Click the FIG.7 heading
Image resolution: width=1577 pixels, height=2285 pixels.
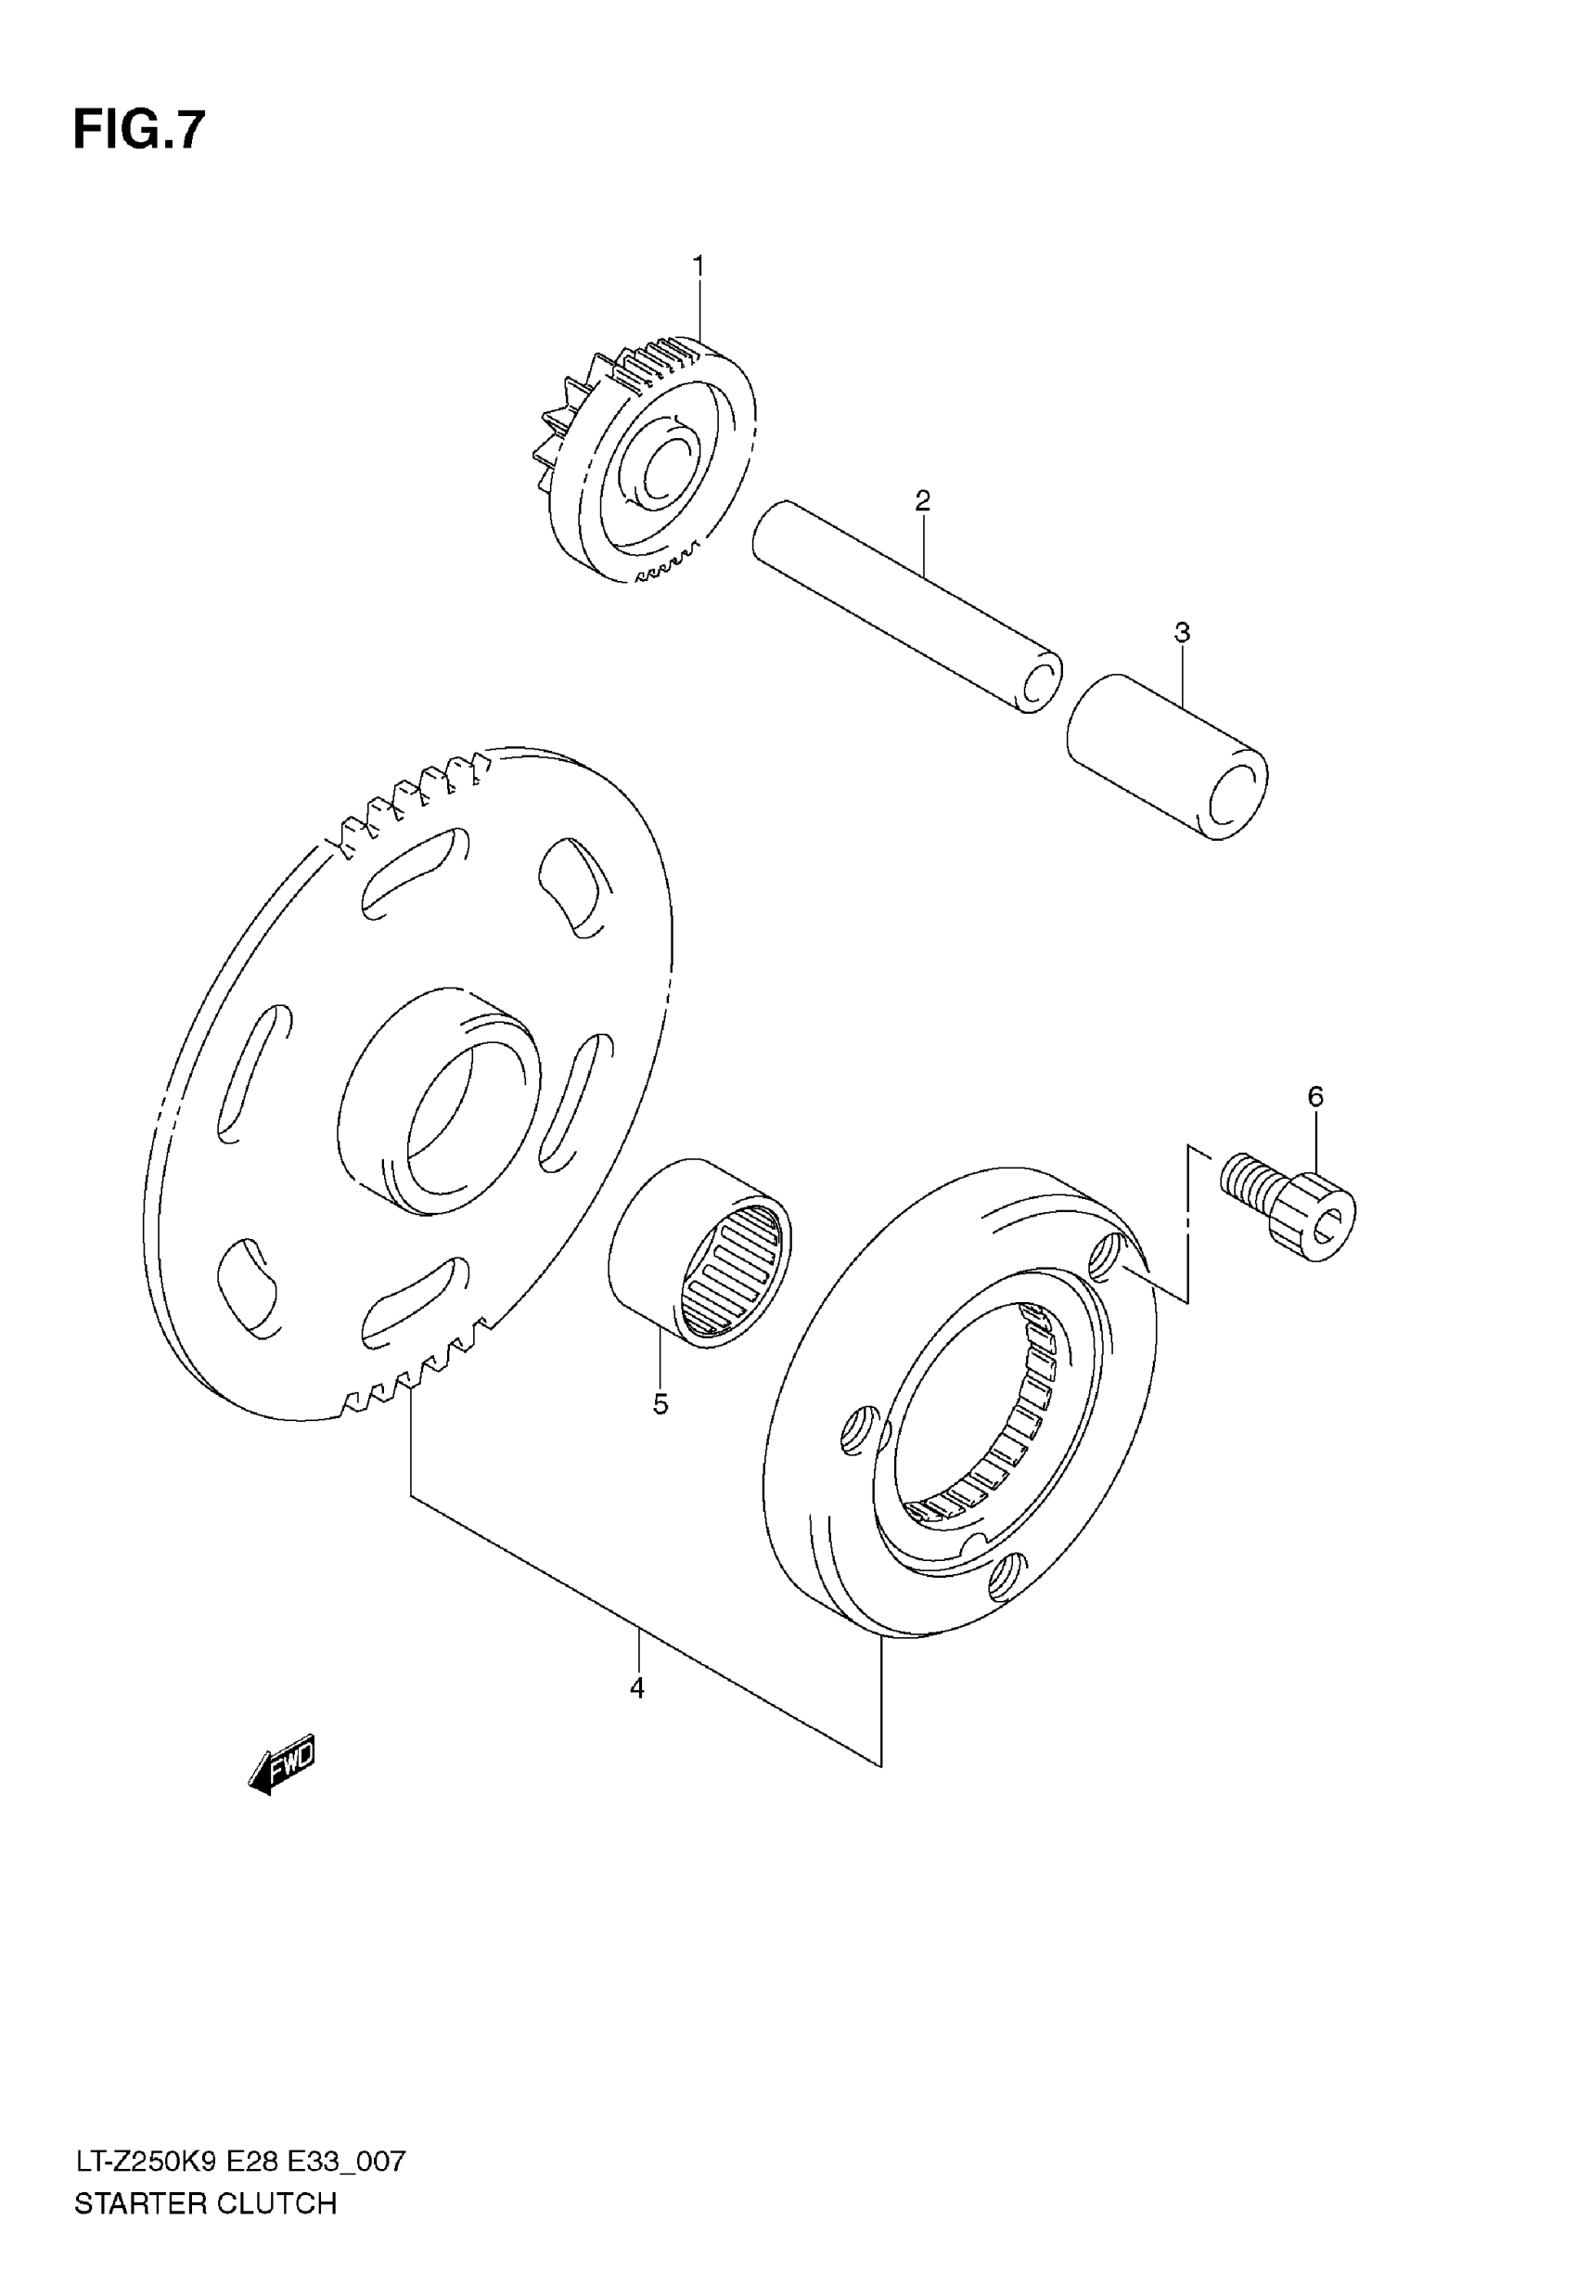pyautogui.click(x=139, y=131)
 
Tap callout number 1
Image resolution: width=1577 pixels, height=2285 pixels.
pyautogui.click(x=699, y=267)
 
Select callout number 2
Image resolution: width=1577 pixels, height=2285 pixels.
pyautogui.click(x=922, y=501)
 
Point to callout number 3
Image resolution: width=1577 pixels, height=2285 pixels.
pyautogui.click(x=1182, y=633)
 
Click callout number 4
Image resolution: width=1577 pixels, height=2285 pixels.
pyautogui.click(x=637, y=1688)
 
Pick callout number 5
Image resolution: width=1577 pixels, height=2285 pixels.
pyautogui.click(x=661, y=1403)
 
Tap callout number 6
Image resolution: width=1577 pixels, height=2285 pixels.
pyautogui.click(x=1315, y=1096)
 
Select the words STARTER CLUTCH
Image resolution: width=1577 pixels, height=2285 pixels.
pyautogui.click(x=206, y=2203)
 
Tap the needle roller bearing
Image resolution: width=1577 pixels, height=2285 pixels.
pyautogui.click(x=699, y=1254)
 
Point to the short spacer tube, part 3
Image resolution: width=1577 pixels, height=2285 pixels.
pyautogui.click(x=1166, y=756)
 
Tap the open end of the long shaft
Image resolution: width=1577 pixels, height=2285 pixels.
pyautogui.click(x=1037, y=682)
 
